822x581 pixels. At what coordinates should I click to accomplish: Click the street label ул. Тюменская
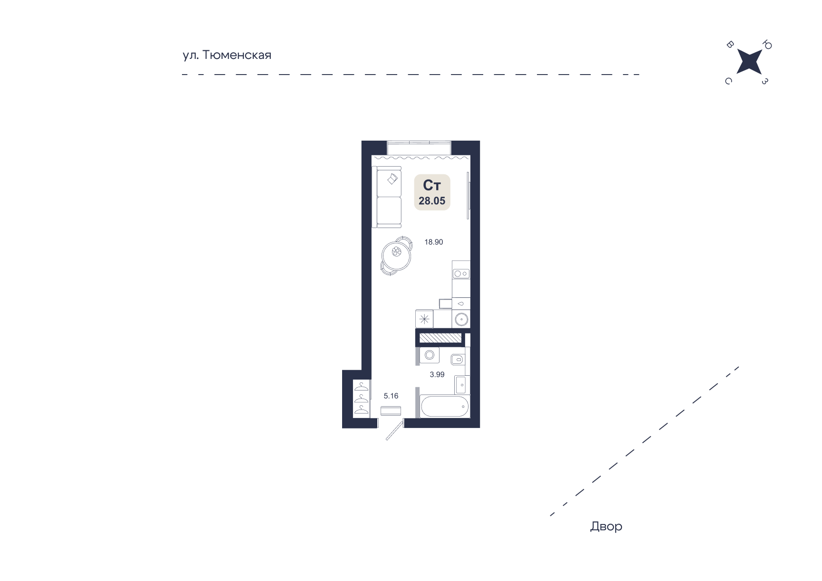(x=227, y=55)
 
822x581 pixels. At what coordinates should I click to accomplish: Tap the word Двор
(x=606, y=526)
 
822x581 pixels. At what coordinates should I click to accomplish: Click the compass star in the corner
(x=749, y=62)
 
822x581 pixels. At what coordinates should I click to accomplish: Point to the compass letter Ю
(x=767, y=45)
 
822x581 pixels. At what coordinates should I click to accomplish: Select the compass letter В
(x=730, y=45)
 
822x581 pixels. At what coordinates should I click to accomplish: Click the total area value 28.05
(x=432, y=201)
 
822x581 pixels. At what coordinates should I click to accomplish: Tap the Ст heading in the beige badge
(x=432, y=185)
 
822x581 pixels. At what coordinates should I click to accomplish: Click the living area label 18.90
(x=434, y=242)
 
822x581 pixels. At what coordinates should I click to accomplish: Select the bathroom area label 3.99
(x=437, y=375)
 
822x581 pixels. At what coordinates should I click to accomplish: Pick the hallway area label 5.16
(x=391, y=396)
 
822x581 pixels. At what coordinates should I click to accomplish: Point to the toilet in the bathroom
(x=458, y=359)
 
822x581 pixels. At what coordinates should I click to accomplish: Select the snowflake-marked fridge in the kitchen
(x=424, y=319)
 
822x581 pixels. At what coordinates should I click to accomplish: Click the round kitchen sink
(x=461, y=319)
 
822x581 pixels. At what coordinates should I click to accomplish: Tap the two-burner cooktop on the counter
(x=461, y=274)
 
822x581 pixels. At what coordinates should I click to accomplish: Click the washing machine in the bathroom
(x=430, y=355)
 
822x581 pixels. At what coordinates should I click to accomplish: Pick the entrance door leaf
(x=395, y=429)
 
